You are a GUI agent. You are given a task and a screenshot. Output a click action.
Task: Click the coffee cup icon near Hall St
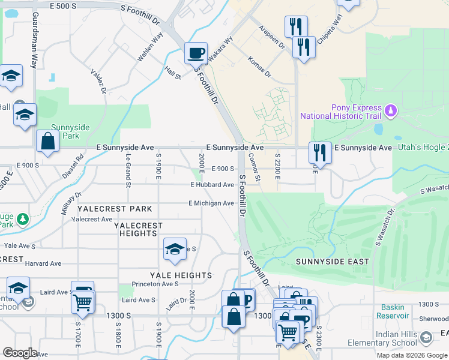point(196,53)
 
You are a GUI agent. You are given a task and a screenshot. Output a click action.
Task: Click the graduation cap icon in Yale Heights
point(175,249)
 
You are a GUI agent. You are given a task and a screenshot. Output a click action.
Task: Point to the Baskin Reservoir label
point(394,311)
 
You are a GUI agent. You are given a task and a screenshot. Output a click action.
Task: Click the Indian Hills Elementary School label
point(382,338)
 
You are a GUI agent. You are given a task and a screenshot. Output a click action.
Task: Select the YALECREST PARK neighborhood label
point(115,209)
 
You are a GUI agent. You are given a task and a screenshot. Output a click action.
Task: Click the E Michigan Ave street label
point(211,203)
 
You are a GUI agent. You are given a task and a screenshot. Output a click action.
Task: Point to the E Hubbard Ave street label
point(212,185)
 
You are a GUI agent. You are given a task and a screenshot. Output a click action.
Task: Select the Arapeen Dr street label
point(271,38)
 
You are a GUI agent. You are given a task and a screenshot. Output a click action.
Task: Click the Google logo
point(20,352)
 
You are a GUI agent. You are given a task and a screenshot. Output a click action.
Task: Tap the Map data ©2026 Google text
point(411,355)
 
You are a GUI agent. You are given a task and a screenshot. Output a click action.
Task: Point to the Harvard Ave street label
point(43,263)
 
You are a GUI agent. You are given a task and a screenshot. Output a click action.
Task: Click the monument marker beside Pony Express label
point(391,111)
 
